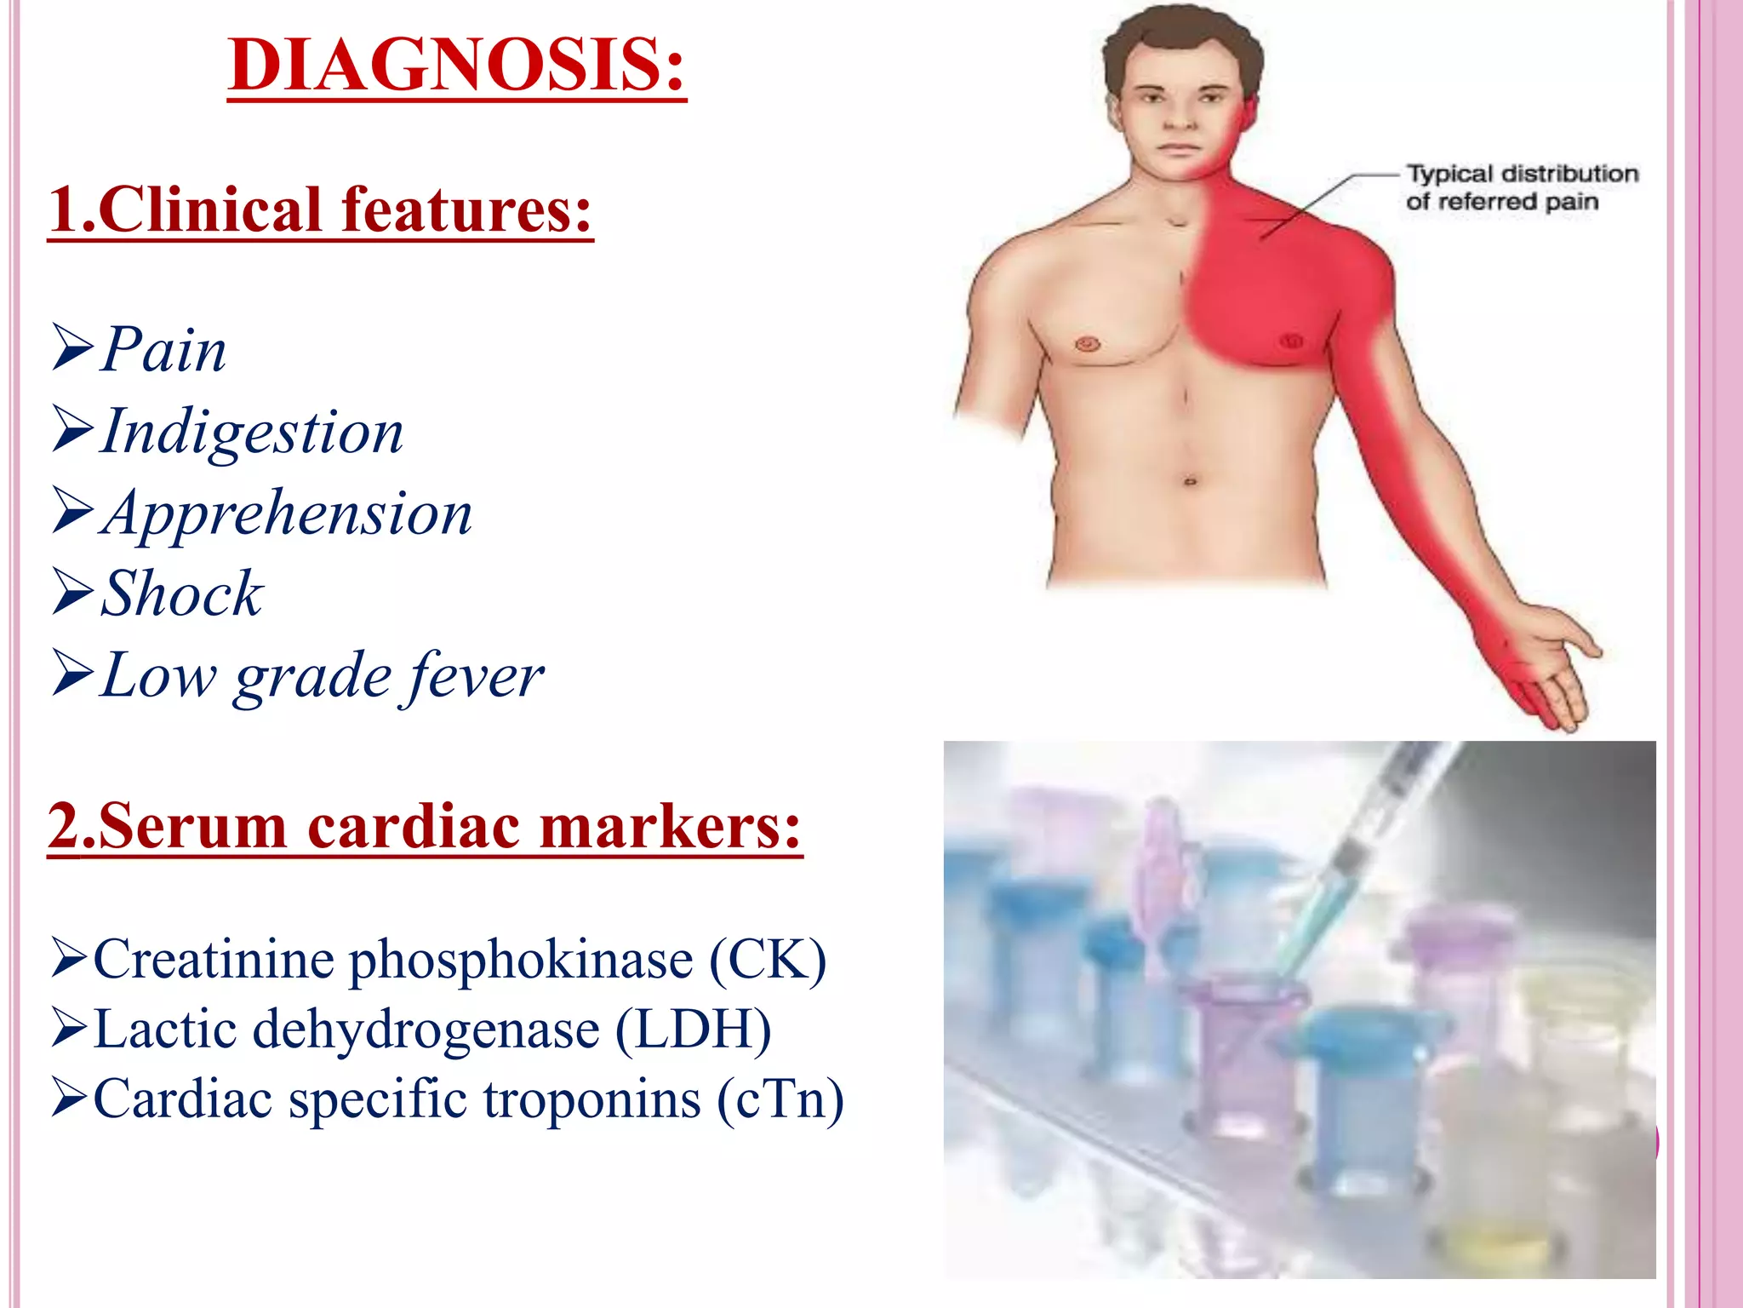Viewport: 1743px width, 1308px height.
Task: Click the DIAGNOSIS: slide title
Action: click(x=456, y=66)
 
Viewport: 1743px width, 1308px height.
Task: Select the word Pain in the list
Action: click(x=164, y=350)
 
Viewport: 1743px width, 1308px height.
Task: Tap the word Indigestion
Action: click(x=252, y=433)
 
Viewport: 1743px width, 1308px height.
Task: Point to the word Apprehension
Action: click(x=287, y=513)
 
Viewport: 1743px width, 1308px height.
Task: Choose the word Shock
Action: click(x=182, y=594)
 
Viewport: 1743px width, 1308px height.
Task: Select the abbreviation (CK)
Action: click(x=767, y=961)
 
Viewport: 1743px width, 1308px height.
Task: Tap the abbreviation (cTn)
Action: click(x=780, y=1099)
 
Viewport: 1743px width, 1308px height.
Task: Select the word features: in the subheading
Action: click(x=466, y=210)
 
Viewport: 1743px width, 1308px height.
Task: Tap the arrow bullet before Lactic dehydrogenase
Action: click(x=71, y=1028)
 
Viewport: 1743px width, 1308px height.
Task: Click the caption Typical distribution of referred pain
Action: click(x=1521, y=187)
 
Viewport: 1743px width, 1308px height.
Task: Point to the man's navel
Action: click(x=1190, y=482)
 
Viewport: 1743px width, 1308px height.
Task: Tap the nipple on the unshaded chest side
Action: click(x=1088, y=344)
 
